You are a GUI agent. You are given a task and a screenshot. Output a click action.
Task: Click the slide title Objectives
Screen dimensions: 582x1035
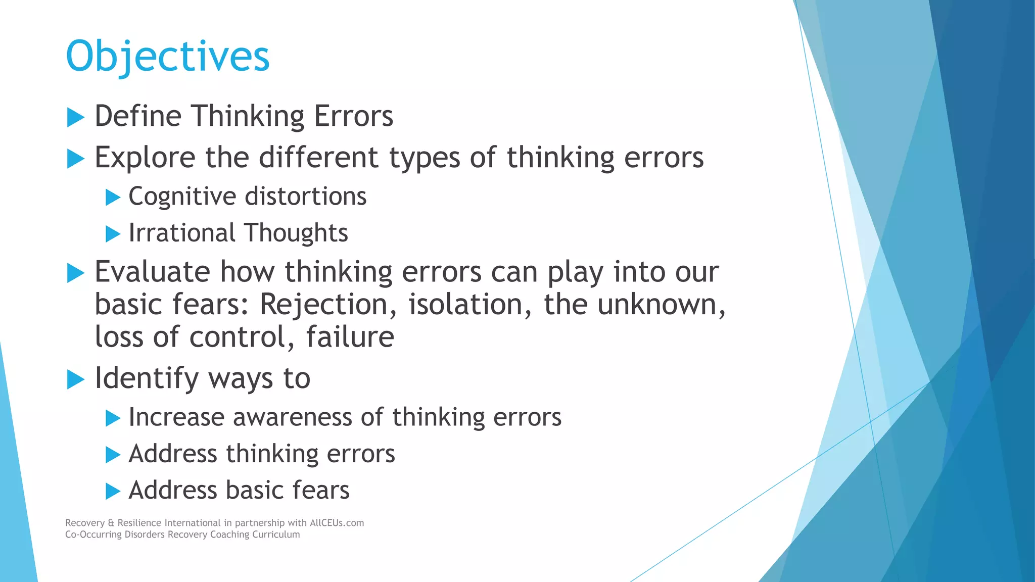[168, 57]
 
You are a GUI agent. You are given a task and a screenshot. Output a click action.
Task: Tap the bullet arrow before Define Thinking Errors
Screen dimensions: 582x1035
[75, 118]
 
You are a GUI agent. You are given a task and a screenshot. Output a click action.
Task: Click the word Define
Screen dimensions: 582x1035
[138, 116]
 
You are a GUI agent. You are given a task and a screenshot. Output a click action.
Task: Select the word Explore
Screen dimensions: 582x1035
[145, 158]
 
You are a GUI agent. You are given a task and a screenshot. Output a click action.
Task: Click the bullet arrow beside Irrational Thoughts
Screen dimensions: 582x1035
[113, 234]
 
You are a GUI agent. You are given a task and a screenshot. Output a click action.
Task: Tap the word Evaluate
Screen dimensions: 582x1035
[152, 272]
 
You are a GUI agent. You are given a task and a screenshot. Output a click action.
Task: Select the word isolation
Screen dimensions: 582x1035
[469, 305]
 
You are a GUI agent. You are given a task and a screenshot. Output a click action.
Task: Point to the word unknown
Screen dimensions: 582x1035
[661, 305]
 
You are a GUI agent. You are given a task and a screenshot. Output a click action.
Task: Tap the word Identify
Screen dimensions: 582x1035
[147, 379]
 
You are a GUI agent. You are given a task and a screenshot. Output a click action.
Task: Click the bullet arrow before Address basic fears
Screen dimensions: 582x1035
[113, 491]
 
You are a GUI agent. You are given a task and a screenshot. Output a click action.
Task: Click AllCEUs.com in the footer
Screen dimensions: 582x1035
[337, 523]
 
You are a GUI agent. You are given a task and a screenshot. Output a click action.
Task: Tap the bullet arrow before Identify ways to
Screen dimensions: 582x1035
[75, 379]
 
